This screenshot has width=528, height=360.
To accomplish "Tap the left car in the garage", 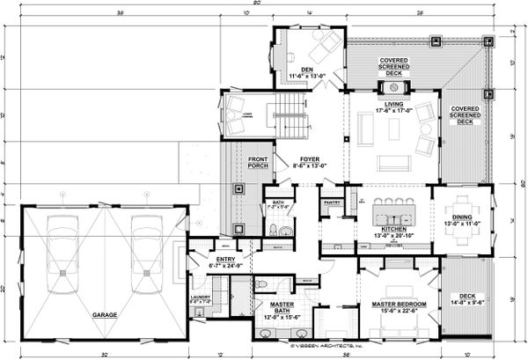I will pos(61,250).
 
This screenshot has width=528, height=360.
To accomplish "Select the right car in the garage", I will pos(143,250).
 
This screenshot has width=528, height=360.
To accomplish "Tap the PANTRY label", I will pos(331,202).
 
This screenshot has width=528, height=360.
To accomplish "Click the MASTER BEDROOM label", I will pos(392,303).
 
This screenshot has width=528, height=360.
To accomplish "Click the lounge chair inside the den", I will pos(326,44).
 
